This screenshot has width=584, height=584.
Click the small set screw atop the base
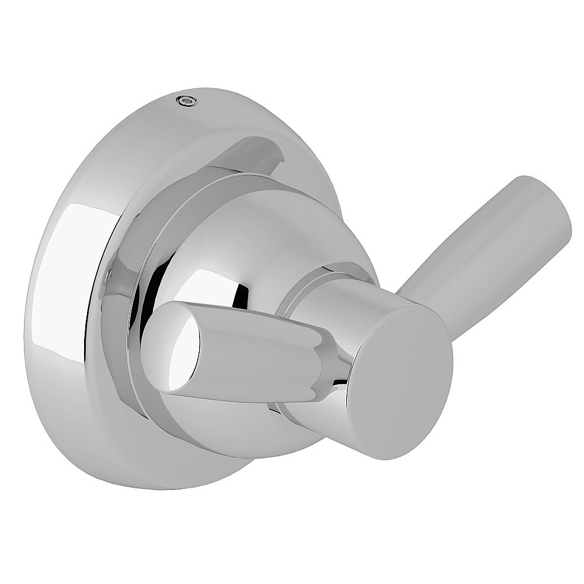click(186, 102)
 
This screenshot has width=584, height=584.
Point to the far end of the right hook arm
click(546, 210)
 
